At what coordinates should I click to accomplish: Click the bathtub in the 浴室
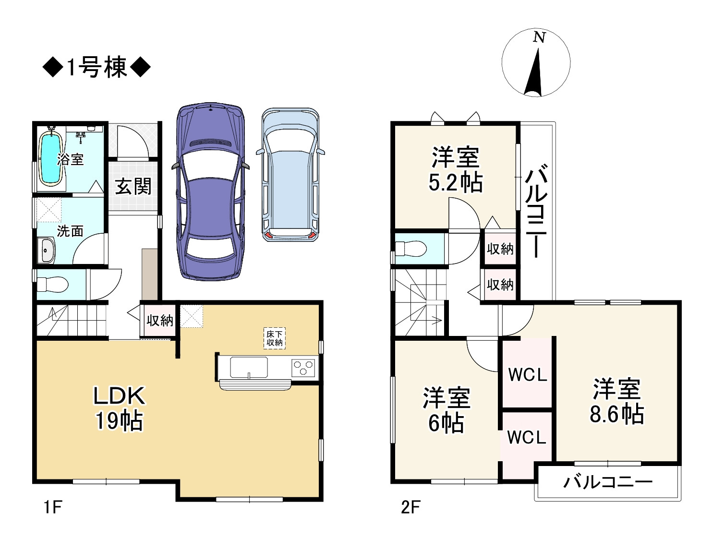[50, 159]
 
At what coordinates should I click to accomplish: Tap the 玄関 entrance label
[133, 187]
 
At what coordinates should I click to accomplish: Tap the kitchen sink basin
[249, 368]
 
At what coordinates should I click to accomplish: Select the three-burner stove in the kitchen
[304, 368]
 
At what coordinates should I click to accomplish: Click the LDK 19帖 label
[119, 408]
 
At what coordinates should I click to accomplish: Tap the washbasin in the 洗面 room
[47, 251]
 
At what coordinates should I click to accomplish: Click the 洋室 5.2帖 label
[455, 170]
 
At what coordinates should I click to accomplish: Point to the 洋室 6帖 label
[446, 410]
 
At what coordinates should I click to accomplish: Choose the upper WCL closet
[527, 375]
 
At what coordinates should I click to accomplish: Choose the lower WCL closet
[526, 438]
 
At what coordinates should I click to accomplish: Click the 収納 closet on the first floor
[159, 321]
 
